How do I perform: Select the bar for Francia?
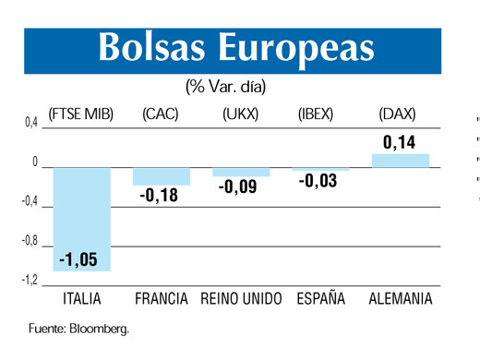[162, 176]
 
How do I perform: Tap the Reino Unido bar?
[241, 172]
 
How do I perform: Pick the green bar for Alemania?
[401, 160]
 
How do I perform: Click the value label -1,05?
[82, 259]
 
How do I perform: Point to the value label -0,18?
[162, 196]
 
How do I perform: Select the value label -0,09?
[241, 186]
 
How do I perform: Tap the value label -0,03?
[319, 181]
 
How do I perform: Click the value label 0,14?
[400, 142]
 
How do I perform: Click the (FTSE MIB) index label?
[80, 114]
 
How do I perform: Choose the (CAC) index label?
[161, 114]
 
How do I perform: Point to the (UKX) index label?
[241, 114]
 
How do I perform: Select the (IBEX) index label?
[320, 114]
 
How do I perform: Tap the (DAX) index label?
[398, 114]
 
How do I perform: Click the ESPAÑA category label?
[320, 299]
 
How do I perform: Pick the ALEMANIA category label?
[400, 299]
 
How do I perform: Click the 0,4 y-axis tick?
[30, 122]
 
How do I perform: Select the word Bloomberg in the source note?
[98, 329]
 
